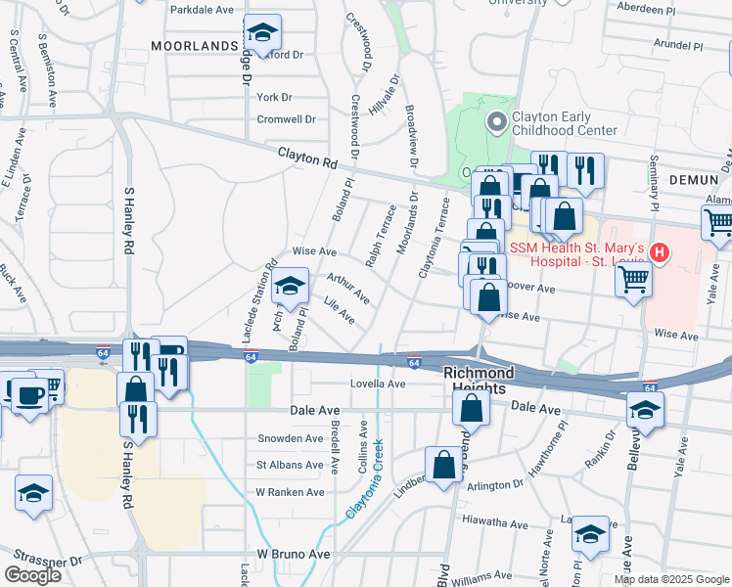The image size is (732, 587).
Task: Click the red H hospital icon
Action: [x=660, y=253]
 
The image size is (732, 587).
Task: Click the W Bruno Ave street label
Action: [x=294, y=554]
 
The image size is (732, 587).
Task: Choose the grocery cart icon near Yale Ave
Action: [x=718, y=224]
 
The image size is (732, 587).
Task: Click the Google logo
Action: [x=33, y=575]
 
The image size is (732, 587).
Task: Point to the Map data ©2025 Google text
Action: [x=671, y=579]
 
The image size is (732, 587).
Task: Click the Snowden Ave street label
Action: [x=290, y=438]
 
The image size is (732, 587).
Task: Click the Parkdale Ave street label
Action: [x=203, y=9]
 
